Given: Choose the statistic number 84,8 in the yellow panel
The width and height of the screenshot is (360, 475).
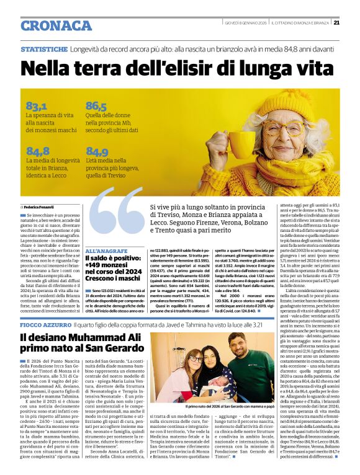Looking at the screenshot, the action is (37, 151).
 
